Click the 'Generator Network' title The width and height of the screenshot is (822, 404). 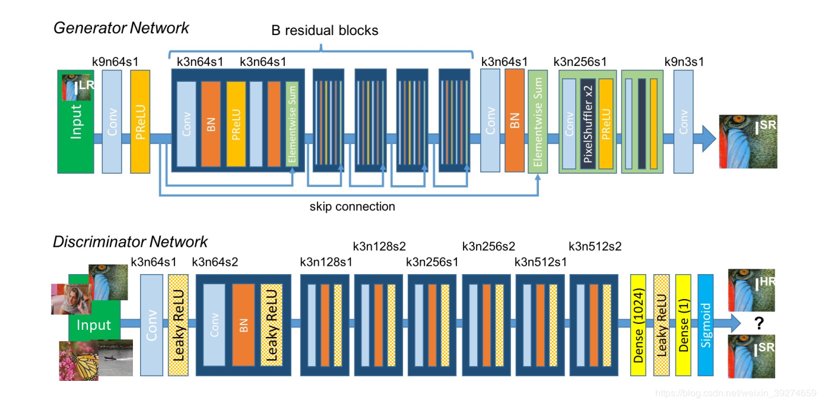coord(121,28)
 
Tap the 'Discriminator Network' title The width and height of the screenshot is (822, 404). coord(130,242)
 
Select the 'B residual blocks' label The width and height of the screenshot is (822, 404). coord(325,30)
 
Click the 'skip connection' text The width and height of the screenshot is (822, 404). coord(352,207)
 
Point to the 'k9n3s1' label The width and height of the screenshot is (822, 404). coord(684,61)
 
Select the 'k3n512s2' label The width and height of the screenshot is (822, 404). coord(595,246)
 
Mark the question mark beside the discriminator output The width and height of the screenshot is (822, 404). coord(758,323)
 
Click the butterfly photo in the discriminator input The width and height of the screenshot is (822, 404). coord(78,361)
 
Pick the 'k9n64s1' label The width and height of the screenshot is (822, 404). coord(115,61)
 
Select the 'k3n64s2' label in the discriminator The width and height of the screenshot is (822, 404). coord(215,262)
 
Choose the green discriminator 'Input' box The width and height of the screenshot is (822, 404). coord(94,325)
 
